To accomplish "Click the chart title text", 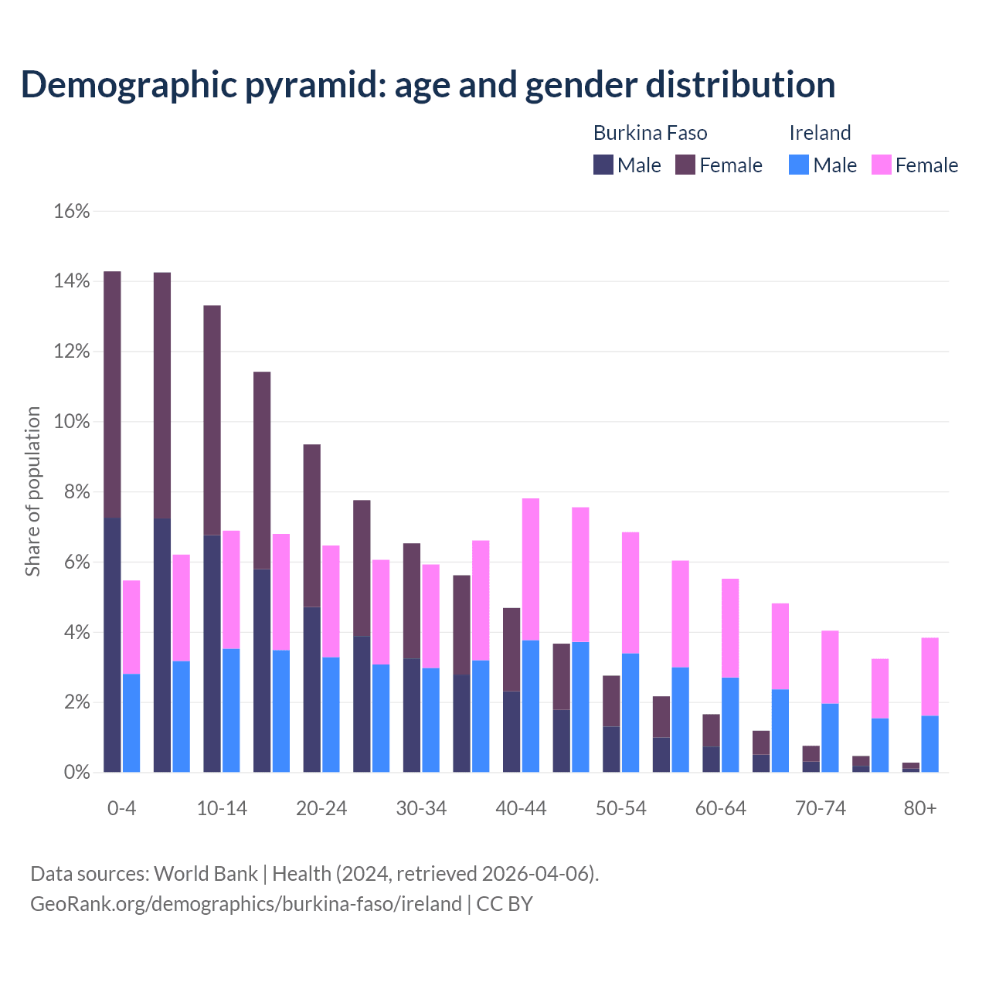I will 428,84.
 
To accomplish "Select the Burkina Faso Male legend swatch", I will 603,165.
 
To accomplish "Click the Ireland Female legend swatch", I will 882,165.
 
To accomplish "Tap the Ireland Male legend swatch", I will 799,165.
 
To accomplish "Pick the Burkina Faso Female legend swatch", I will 685,165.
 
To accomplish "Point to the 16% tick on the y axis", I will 72,211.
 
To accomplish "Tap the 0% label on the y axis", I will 76,773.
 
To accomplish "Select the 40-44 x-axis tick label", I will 521,808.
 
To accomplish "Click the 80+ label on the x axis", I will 920,808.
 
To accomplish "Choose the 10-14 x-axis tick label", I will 222,808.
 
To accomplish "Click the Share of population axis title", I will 33,491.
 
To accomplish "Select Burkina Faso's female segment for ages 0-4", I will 112,394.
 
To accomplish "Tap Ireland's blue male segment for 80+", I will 930,743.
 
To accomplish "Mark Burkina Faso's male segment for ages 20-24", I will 311,689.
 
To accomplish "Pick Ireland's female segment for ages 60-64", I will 730,627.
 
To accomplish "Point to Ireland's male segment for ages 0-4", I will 131,722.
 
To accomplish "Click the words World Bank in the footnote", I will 206,874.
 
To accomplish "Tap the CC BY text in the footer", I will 505,904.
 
